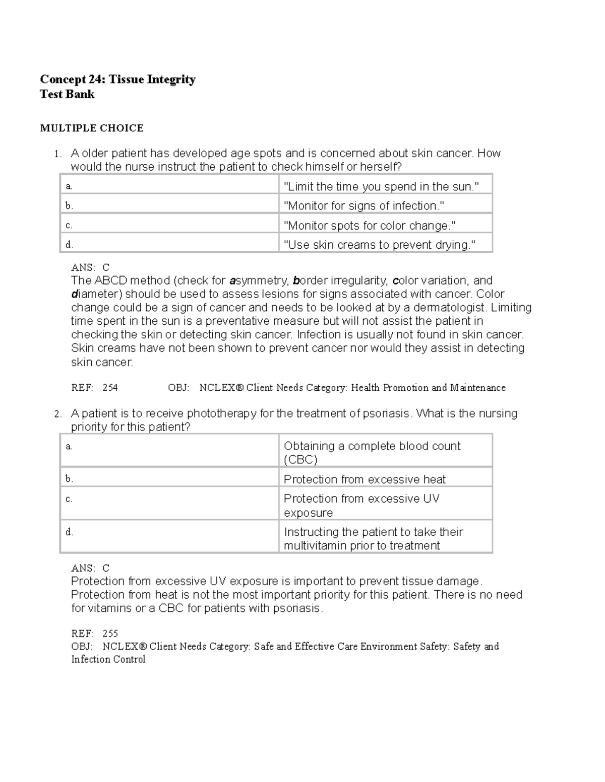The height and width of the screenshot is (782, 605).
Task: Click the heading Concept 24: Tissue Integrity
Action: click(117, 80)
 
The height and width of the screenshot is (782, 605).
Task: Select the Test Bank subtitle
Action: click(67, 95)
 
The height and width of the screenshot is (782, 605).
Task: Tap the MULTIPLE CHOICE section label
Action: click(92, 128)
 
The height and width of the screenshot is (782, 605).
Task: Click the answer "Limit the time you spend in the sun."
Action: click(381, 187)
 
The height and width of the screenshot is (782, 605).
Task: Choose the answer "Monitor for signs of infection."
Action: click(364, 206)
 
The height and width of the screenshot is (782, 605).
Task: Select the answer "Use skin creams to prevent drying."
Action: click(380, 245)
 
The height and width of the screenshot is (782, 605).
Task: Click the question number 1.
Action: click(58, 154)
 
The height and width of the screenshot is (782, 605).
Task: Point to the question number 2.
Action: click(58, 414)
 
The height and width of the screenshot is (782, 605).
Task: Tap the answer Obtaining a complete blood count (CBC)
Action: click(372, 453)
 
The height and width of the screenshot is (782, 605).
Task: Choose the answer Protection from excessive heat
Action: click(365, 479)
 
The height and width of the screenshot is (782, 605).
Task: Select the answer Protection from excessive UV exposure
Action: click(361, 506)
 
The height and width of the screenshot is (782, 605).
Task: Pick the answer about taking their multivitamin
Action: click(373, 539)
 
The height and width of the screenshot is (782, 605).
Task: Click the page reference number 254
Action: click(110, 388)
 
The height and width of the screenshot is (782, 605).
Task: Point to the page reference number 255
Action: click(110, 633)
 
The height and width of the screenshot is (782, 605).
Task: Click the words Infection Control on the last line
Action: click(108, 660)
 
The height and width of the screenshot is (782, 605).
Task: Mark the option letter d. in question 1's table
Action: click(69, 245)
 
